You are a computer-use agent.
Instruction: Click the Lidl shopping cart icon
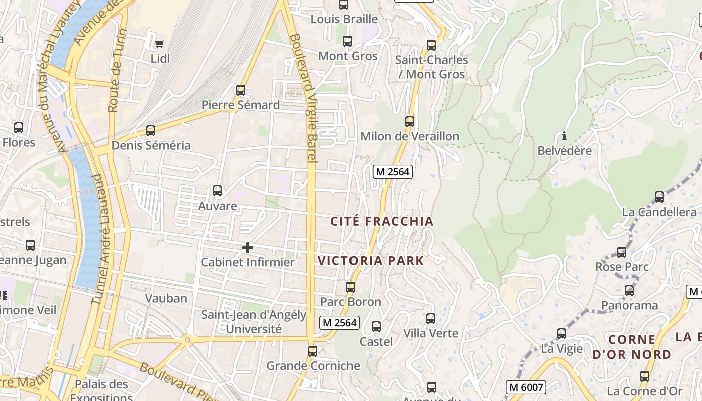(160, 44)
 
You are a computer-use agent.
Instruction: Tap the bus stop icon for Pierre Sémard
(241, 90)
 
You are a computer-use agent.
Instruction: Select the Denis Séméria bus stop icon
(151, 131)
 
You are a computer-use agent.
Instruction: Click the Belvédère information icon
(564, 136)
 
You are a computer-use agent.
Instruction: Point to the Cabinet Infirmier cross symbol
(248, 248)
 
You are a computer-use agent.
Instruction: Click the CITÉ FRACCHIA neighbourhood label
(382, 221)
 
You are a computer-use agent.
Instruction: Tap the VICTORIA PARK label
(371, 261)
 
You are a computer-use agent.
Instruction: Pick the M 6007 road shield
(525, 387)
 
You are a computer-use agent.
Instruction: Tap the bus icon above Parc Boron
(350, 287)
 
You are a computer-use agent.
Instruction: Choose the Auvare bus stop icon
(217, 191)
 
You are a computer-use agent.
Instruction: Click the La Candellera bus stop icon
(659, 197)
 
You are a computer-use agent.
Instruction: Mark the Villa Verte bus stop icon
(431, 319)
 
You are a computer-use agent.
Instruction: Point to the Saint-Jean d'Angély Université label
(253, 322)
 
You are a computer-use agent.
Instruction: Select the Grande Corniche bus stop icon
(313, 351)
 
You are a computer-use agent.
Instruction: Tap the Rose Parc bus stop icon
(622, 252)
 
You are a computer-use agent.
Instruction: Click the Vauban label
(166, 298)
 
